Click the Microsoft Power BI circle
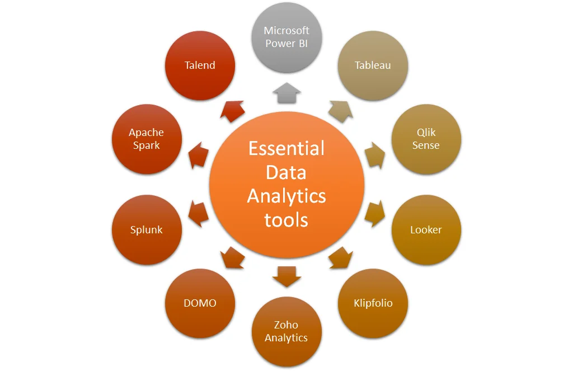[x=286, y=37]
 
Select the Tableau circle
[x=373, y=65]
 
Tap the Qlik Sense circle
[x=426, y=139]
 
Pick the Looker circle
[x=426, y=230]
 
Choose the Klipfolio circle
[x=373, y=303]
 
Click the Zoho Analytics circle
[x=286, y=331]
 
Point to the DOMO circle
[x=200, y=303]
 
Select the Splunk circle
[x=147, y=230]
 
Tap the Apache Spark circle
[x=147, y=139]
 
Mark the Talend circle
[x=200, y=65]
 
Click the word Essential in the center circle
[x=286, y=148]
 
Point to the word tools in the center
[x=286, y=219]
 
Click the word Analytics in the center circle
[x=286, y=196]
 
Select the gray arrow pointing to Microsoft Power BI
[x=286, y=93]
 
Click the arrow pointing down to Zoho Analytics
[x=286, y=276]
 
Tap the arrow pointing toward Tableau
[x=341, y=111]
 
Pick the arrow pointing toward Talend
[x=232, y=111]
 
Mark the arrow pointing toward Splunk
[x=198, y=214]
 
